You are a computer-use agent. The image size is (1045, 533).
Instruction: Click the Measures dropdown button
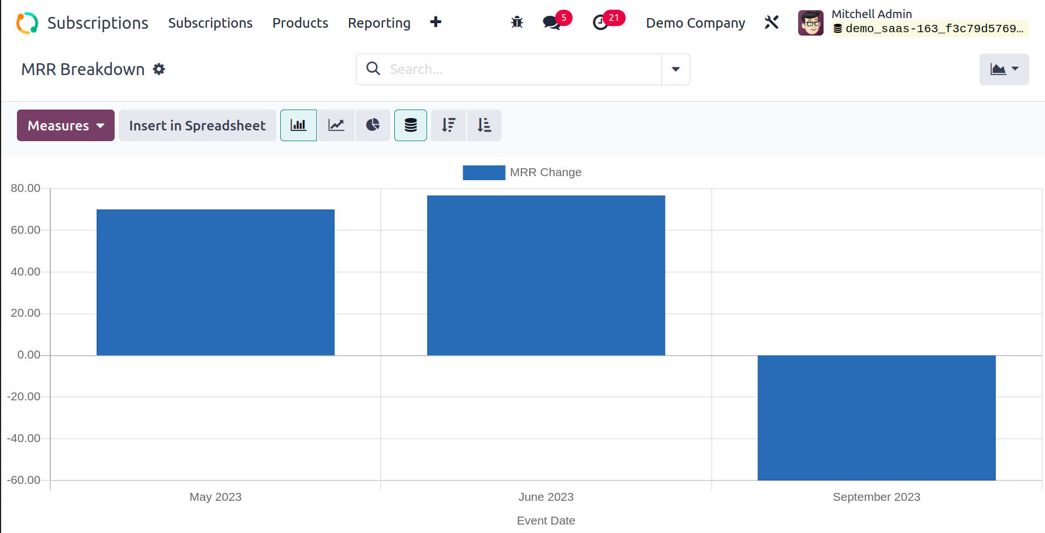tap(66, 125)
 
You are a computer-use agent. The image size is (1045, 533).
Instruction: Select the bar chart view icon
tap(298, 125)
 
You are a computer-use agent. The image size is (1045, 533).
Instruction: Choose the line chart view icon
tap(336, 125)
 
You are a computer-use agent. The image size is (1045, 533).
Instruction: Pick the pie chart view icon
tap(373, 125)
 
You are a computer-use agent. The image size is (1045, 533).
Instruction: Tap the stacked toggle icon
tap(411, 125)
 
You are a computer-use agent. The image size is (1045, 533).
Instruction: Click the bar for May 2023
tap(215, 282)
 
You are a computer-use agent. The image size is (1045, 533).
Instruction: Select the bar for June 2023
tap(546, 276)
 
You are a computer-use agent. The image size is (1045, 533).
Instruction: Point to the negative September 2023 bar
tap(876, 418)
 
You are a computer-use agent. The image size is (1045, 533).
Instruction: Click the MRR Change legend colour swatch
tap(484, 173)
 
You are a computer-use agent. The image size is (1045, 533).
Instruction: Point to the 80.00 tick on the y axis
tap(25, 188)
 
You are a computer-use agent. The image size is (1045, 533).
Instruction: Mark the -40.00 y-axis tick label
tap(24, 438)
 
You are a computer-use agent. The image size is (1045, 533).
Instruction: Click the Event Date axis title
tap(546, 521)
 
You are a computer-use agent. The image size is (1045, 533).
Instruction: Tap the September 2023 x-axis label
tap(876, 497)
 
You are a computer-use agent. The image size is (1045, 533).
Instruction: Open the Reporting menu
tap(379, 23)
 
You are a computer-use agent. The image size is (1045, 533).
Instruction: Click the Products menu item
tap(300, 23)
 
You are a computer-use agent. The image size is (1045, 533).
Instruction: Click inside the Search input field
tap(522, 69)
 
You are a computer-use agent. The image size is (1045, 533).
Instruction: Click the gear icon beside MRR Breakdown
tap(159, 69)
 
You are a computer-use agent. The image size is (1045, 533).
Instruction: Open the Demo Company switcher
tap(695, 23)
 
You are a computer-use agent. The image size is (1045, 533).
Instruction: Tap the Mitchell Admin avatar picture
tap(811, 23)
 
